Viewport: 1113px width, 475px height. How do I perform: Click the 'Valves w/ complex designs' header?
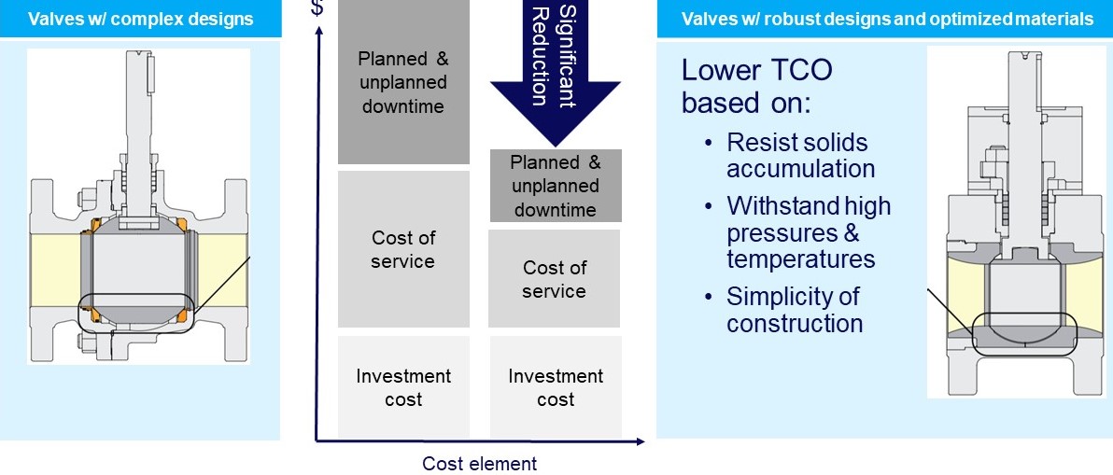tap(140, 20)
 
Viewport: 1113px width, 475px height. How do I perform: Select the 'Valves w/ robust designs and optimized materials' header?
tap(887, 20)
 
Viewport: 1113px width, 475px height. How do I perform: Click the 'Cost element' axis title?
tap(480, 463)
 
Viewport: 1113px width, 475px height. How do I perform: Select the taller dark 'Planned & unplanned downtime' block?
tap(403, 82)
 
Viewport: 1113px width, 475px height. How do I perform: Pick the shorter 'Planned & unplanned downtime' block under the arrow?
tap(555, 187)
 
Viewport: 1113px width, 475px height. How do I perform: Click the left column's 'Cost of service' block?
tap(403, 249)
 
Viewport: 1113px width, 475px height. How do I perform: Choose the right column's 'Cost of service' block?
tap(555, 278)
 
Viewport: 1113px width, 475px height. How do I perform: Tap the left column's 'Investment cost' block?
tap(403, 387)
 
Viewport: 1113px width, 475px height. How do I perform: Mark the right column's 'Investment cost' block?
tap(556, 387)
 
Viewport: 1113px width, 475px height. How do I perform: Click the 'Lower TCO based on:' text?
tap(756, 86)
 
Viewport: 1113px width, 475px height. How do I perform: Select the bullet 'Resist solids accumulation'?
tap(799, 156)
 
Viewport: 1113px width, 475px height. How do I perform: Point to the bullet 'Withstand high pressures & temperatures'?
tap(808, 231)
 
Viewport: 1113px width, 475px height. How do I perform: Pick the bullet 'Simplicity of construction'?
tap(794, 310)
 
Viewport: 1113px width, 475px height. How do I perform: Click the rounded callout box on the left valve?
tap(136, 313)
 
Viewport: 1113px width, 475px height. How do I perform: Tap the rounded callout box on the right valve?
tap(1023, 334)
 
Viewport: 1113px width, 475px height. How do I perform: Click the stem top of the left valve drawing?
tap(140, 65)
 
